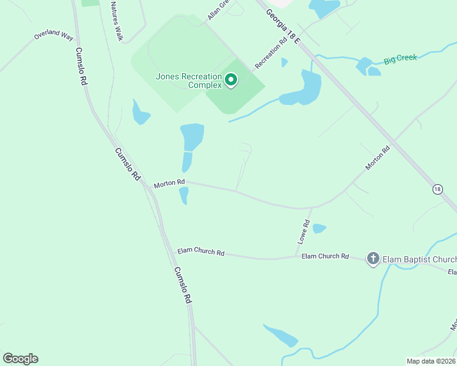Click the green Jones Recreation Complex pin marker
coord(232,80)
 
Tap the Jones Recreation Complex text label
coord(189,81)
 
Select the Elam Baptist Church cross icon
coord(373,259)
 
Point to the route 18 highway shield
coord(437,189)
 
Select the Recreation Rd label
coord(271,54)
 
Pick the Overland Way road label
coord(54,35)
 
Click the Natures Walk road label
coord(116,21)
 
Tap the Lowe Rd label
coord(304,232)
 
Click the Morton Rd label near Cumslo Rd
coord(169,182)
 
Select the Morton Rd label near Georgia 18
coord(378,158)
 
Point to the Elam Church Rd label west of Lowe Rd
coord(201,252)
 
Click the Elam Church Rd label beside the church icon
coord(325,256)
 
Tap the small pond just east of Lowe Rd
coord(319,229)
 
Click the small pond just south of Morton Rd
coord(183,196)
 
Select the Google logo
coord(20,359)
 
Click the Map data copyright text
coord(431,361)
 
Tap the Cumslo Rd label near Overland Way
coord(80,66)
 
